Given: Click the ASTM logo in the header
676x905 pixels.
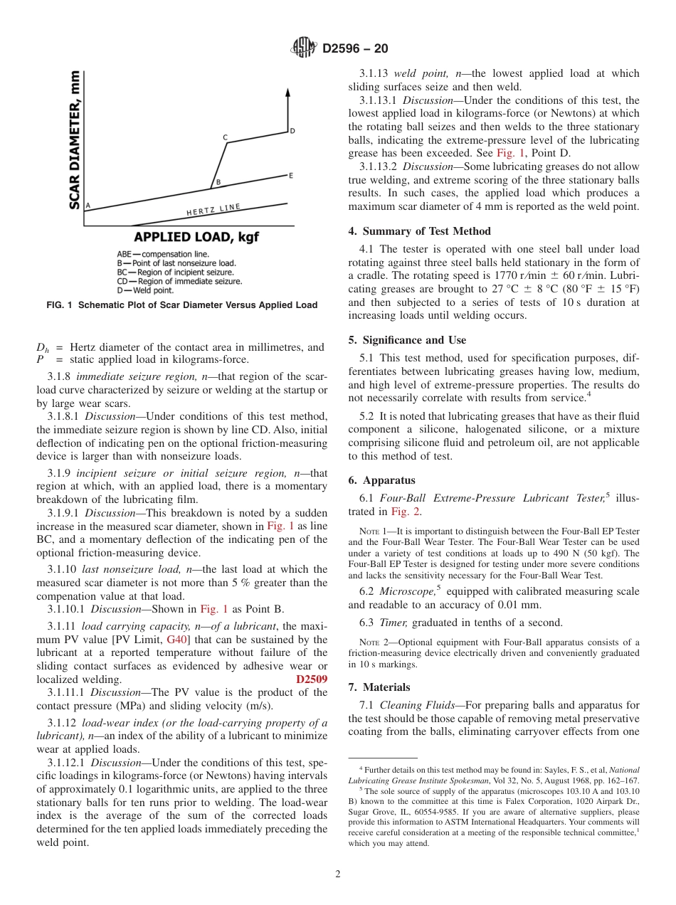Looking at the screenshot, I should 304,48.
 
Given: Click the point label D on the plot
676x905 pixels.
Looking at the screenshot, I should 292,131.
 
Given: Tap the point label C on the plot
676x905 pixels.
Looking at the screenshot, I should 225,137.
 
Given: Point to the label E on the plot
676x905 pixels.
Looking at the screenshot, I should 290,175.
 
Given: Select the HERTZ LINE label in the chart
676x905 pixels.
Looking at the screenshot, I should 213,210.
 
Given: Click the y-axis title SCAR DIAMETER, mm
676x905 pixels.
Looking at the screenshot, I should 73,139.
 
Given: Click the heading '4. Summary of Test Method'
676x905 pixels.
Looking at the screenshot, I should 419,231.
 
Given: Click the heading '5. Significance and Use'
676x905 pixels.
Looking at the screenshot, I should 407,340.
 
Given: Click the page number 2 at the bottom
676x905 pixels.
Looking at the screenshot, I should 338,874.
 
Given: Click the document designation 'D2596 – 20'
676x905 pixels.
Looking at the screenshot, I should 355,49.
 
